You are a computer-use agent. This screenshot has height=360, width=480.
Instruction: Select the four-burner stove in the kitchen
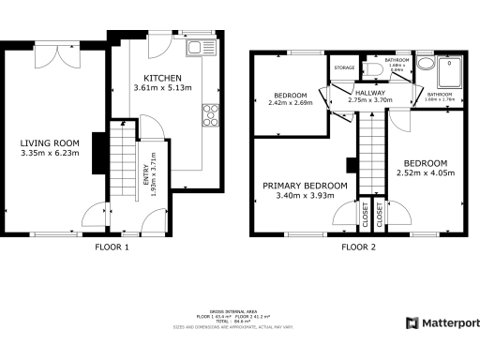[208, 116]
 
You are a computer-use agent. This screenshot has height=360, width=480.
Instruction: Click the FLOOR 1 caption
[112, 247]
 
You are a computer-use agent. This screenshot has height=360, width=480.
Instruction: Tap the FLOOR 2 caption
[357, 247]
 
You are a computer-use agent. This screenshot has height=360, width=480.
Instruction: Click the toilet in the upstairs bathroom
[374, 68]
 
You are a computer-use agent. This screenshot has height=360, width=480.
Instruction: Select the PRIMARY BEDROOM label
[305, 186]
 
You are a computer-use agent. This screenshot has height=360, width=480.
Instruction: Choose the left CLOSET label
[366, 217]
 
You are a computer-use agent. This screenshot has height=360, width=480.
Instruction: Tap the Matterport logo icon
[412, 323]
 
